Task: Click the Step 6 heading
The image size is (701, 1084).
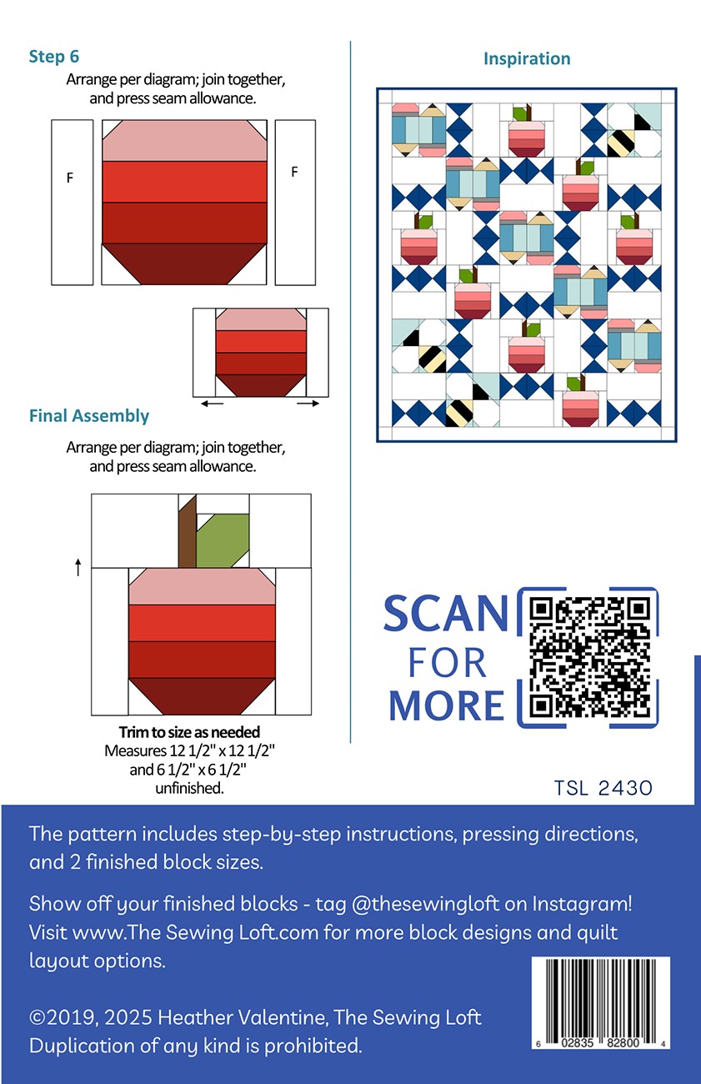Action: [53, 57]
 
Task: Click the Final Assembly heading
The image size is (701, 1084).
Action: [89, 416]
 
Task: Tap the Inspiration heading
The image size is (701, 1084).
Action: [527, 58]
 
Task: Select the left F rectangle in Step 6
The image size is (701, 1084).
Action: [72, 203]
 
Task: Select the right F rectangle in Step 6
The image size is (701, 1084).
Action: [295, 203]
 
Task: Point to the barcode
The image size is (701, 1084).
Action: [600, 1004]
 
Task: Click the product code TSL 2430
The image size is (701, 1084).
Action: [603, 788]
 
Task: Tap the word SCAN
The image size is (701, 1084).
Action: [446, 614]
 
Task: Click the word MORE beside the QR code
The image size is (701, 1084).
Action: [447, 705]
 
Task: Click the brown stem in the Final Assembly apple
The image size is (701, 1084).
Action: [188, 531]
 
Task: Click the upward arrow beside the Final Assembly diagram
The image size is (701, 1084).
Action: [78, 567]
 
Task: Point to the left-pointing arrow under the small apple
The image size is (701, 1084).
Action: [212, 403]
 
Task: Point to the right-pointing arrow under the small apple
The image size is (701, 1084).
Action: [308, 403]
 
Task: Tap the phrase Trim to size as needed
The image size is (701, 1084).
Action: [190, 732]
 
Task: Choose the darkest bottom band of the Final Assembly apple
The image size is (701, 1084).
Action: [202, 696]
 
